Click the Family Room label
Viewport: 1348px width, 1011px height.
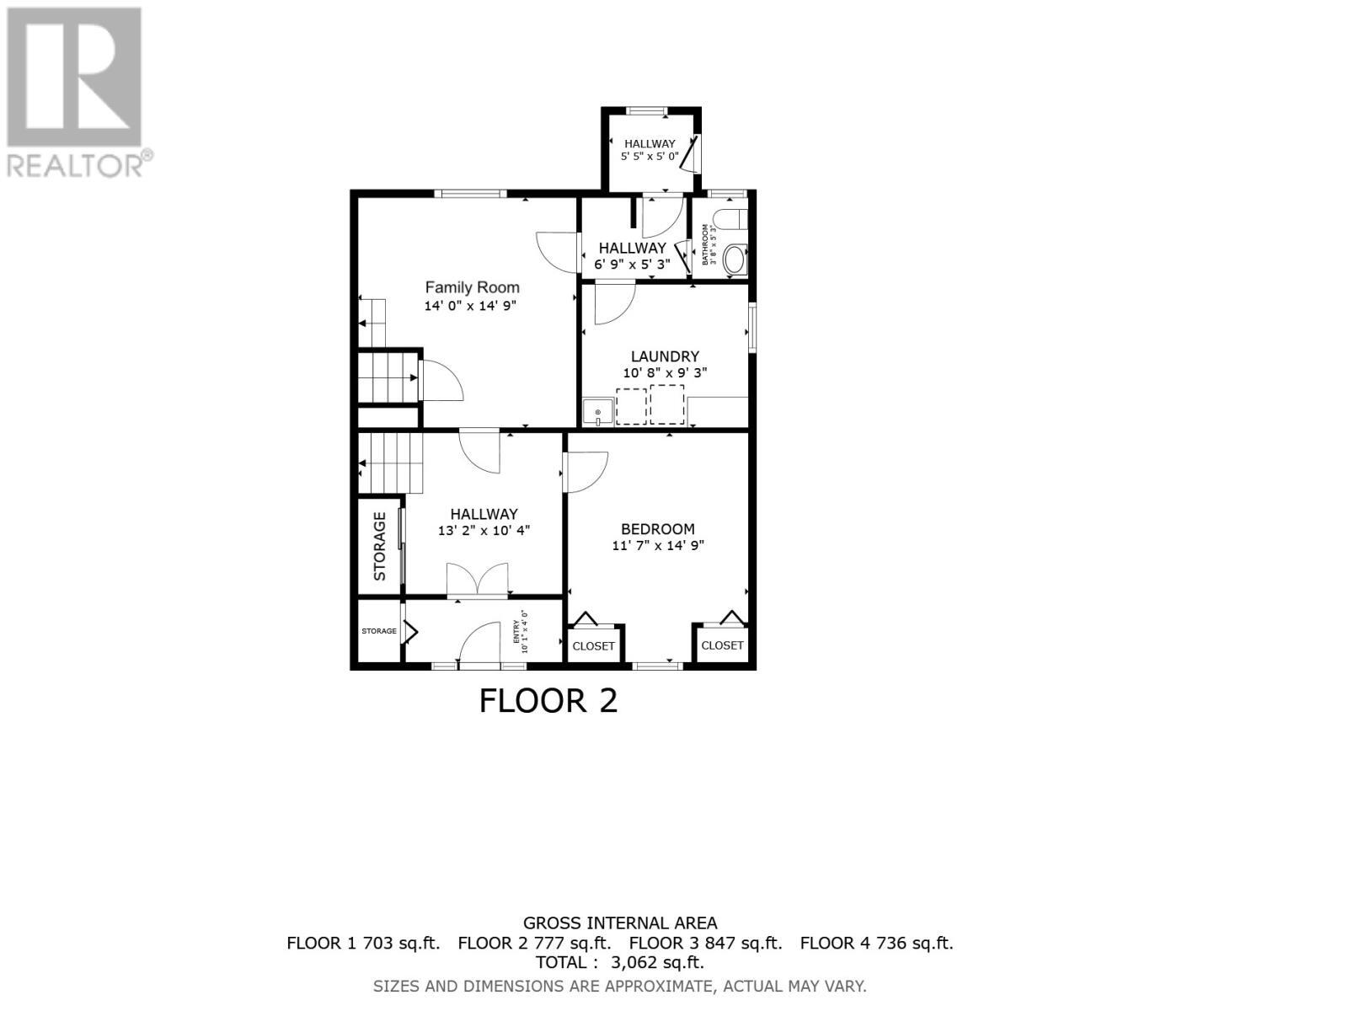(x=472, y=287)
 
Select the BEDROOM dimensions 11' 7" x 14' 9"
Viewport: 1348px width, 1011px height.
(x=657, y=545)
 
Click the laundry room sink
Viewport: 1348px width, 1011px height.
(x=597, y=413)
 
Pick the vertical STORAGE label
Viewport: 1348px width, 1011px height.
(x=379, y=546)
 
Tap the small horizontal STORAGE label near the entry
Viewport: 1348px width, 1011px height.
(x=379, y=631)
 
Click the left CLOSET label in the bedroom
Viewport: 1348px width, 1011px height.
(x=593, y=646)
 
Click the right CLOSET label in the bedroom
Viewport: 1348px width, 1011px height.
(x=722, y=645)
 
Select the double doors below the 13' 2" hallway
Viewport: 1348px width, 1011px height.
(x=478, y=580)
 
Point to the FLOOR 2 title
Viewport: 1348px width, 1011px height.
(x=548, y=701)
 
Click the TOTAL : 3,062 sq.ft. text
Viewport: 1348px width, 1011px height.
(x=619, y=962)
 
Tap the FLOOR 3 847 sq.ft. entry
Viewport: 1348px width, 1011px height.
(x=705, y=943)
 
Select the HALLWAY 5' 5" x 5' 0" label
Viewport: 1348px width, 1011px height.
(x=650, y=150)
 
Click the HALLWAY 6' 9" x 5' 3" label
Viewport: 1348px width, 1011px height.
(x=632, y=255)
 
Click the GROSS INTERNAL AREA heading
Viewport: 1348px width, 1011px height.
(x=620, y=923)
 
